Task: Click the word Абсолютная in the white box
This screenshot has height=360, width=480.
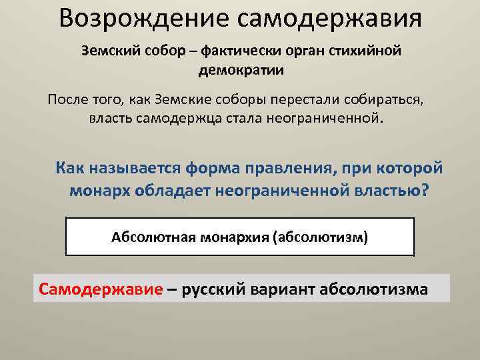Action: pos(149,237)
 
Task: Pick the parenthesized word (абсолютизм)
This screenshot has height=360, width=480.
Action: pos(320,237)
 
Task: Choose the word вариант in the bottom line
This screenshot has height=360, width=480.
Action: pos(283,289)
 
